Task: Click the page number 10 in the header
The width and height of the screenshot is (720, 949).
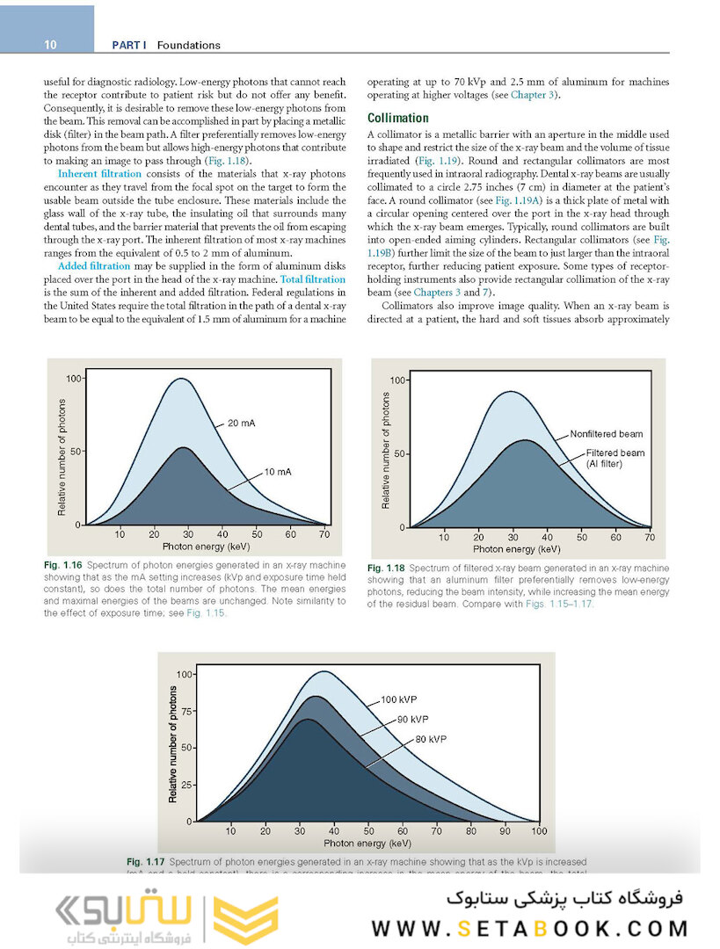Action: (x=50, y=45)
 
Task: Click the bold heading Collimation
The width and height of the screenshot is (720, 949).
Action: (x=397, y=118)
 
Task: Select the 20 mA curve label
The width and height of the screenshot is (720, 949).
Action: (x=241, y=424)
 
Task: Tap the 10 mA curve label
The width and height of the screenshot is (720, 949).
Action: (x=277, y=472)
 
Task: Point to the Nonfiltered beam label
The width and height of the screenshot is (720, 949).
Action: (x=606, y=434)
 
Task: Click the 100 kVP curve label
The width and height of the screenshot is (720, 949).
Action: (x=398, y=700)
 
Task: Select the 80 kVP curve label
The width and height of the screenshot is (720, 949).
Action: (x=431, y=739)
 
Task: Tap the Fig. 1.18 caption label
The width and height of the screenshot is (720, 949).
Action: (x=387, y=568)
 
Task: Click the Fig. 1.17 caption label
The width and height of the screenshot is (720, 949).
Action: (x=145, y=862)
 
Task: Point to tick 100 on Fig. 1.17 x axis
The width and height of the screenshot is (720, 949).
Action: (x=538, y=831)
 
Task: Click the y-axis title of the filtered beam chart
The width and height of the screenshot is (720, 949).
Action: (x=386, y=450)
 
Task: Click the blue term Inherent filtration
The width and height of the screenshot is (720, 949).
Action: (x=98, y=174)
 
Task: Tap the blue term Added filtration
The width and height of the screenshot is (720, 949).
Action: (x=93, y=266)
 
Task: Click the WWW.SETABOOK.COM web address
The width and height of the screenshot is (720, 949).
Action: (x=530, y=929)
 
